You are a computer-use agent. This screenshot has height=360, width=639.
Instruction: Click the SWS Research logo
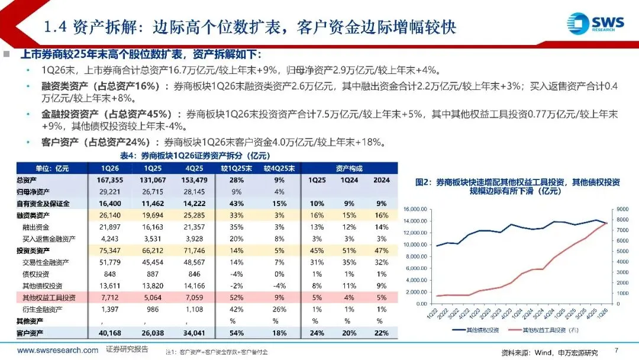pos(595,24)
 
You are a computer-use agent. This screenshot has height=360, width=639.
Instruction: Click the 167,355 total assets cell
pos(110,180)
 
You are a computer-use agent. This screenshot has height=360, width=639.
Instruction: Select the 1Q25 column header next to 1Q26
pos(153,168)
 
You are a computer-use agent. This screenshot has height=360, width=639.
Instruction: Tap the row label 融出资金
pos(36,227)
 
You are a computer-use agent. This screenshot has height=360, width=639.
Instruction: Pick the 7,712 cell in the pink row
pos(110,298)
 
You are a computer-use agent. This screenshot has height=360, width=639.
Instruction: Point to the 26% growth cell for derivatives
pos(279,310)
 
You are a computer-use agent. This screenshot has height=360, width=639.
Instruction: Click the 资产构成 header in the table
pos(349,168)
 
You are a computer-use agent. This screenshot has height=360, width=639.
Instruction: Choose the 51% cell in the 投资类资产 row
pos(349,250)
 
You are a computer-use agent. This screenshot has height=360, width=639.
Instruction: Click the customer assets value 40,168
pos(110,333)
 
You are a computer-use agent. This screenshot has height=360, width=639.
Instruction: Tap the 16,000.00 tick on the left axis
pos(415,209)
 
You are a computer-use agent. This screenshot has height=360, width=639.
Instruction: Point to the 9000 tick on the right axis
pos(622,209)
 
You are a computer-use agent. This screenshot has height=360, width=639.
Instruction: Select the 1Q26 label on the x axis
pos(602,313)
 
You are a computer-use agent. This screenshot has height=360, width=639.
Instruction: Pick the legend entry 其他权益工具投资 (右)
pos(544,330)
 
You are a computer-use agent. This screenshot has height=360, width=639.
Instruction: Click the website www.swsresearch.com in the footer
pos(57,350)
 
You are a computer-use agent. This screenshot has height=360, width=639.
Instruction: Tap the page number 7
pos(617,350)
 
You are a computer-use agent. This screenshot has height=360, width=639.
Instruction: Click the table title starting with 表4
pos(195,155)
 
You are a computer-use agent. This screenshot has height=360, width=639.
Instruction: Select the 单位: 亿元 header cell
pos(52,168)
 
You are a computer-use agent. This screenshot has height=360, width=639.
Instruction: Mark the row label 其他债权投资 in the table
pos(43,286)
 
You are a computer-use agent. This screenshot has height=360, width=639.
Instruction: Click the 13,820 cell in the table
pos(153,286)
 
